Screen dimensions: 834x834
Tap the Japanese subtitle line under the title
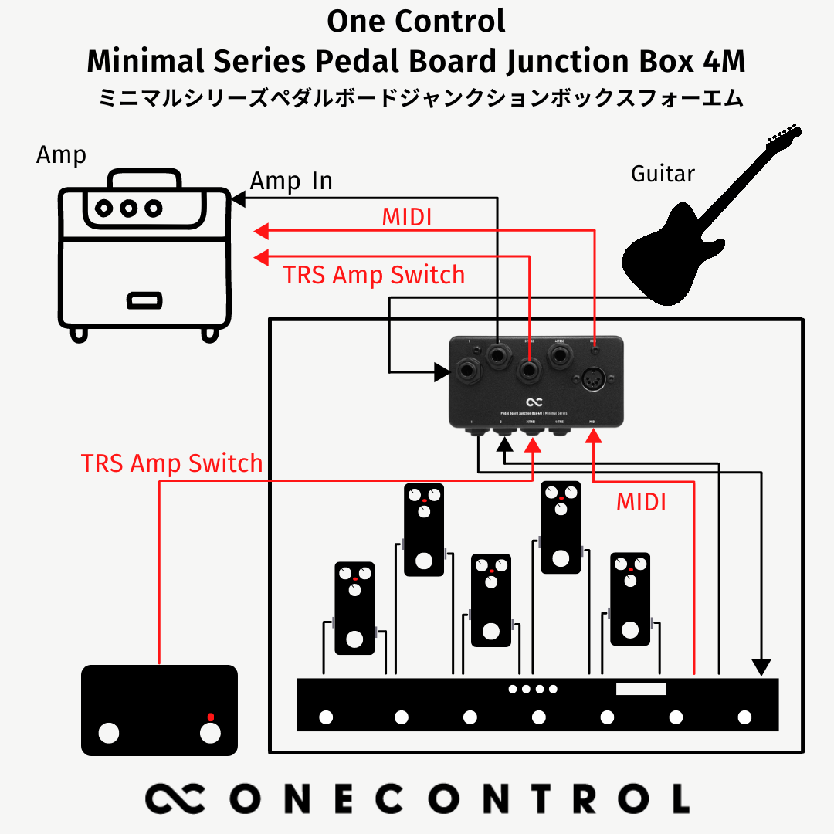click(421, 99)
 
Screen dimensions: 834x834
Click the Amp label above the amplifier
click(61, 155)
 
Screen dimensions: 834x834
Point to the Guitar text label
click(663, 175)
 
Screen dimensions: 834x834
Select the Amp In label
click(291, 181)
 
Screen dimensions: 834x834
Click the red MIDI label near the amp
click(407, 218)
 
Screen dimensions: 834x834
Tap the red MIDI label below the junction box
click(641, 503)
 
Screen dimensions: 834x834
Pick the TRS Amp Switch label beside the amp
click(374, 275)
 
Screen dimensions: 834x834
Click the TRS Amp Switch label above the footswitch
click(171, 463)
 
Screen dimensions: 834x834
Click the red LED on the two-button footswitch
click(209, 716)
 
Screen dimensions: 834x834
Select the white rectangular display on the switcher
click(640, 689)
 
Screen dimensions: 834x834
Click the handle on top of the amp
click(145, 178)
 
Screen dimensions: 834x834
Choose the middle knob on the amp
click(128, 207)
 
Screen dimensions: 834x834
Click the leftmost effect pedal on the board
click(354, 608)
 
